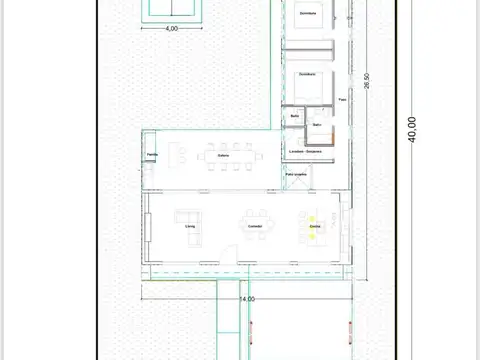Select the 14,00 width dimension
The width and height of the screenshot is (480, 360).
(x=247, y=298)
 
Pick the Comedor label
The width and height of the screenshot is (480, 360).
(x=255, y=227)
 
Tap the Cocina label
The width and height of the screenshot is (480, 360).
(x=314, y=227)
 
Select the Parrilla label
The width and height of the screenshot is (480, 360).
(x=152, y=155)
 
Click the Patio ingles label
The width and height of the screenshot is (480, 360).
(x=296, y=174)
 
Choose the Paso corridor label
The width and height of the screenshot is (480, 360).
(x=343, y=100)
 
